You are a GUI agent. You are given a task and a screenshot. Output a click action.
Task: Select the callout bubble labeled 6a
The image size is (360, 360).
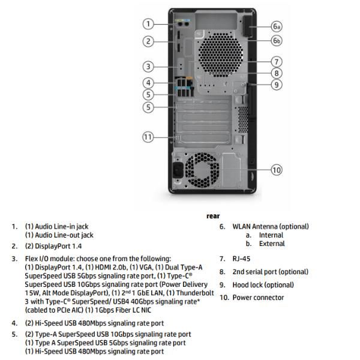277,26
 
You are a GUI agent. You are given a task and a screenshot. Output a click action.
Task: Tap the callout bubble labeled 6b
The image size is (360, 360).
277,41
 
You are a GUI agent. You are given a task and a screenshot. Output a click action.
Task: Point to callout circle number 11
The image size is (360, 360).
148,137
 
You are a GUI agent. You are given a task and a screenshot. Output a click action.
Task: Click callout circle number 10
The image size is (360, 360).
276,170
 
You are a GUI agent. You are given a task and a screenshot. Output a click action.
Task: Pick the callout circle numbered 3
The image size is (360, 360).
148,66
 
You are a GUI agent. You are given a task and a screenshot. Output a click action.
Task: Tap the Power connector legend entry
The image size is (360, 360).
258,298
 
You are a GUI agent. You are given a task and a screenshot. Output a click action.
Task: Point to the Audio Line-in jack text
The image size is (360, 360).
59,227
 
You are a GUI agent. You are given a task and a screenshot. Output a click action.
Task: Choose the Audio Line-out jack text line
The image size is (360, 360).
59,235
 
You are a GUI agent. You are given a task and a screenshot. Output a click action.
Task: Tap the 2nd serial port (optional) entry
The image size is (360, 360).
270,272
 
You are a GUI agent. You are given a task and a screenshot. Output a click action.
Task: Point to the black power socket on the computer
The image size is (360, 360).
178,170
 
